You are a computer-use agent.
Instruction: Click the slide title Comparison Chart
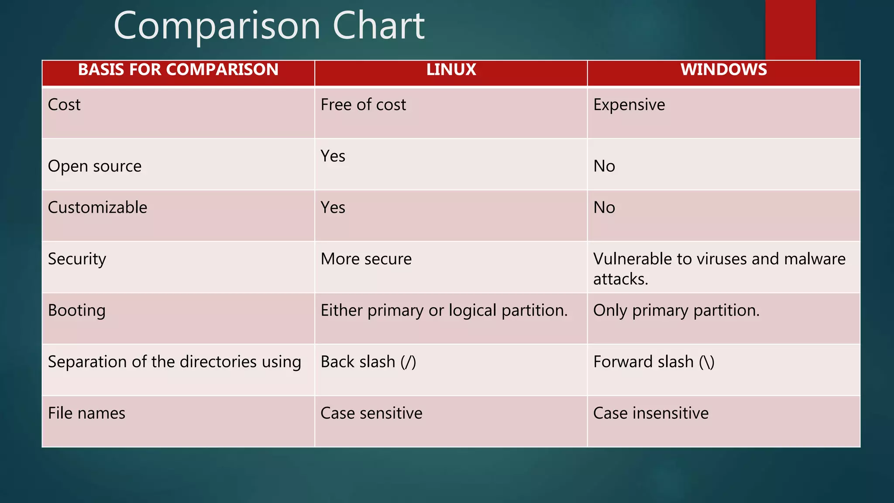[269, 26]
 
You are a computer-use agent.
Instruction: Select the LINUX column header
[451, 70]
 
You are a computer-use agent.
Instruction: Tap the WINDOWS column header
[723, 70]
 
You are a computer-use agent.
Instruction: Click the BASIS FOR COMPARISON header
[178, 70]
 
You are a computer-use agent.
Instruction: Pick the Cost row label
[64, 105]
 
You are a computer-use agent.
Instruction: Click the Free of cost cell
[363, 105]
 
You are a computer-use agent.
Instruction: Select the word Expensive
[629, 105]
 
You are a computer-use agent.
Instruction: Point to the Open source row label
[94, 166]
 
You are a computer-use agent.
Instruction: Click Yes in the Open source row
[333, 156]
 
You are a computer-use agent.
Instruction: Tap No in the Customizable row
[604, 207]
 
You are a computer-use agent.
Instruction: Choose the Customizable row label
[97, 207]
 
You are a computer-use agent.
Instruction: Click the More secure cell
[366, 259]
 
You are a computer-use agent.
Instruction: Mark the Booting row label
[76, 310]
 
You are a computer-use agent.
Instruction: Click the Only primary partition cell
[676, 310]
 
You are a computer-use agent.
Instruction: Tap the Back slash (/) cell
[368, 362]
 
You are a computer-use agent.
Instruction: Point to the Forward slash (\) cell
[653, 362]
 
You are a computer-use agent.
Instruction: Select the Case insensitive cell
[650, 413]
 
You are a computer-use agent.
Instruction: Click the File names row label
[86, 413]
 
